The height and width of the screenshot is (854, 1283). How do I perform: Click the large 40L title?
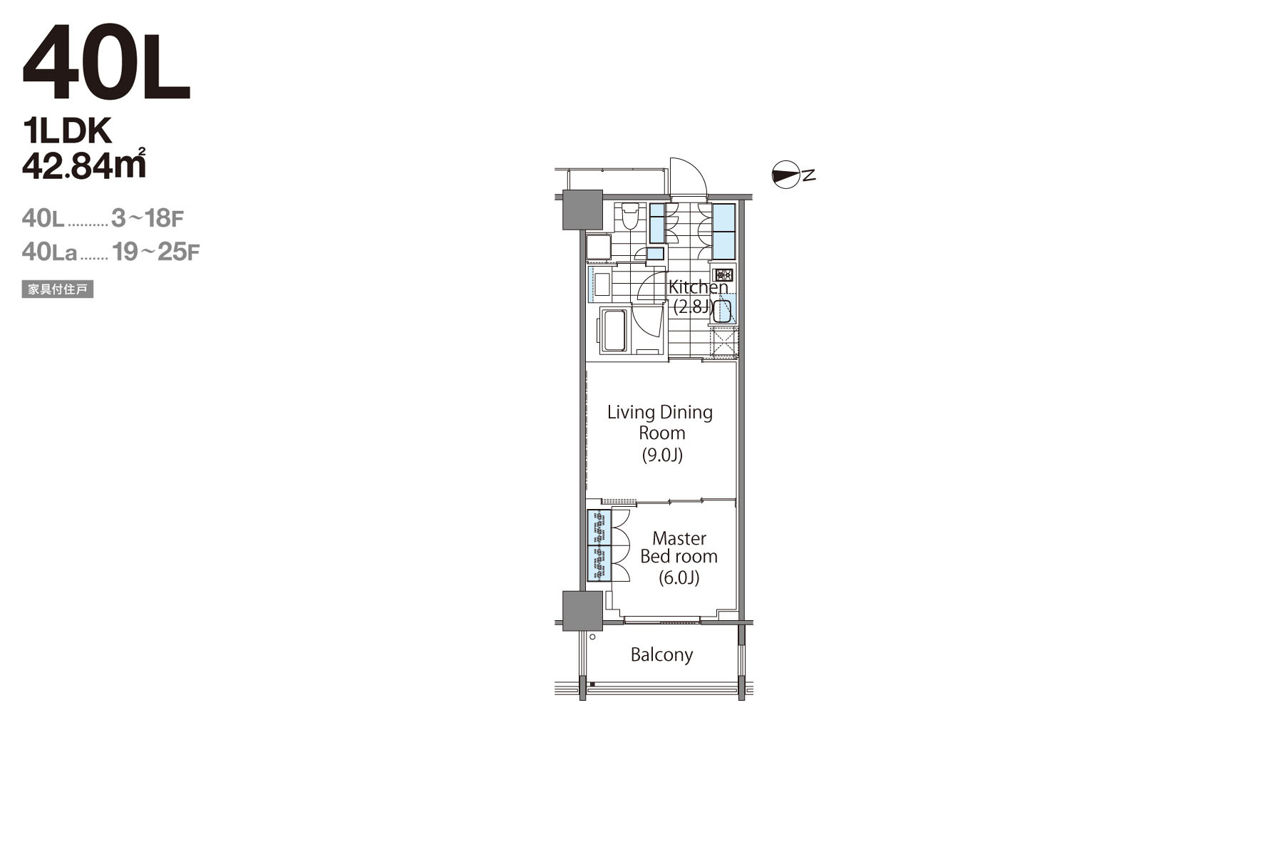click(x=106, y=64)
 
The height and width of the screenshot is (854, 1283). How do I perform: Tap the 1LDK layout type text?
click(x=68, y=132)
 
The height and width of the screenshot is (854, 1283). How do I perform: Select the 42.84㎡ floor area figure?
click(x=84, y=164)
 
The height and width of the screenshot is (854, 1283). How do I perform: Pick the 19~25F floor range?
click(x=156, y=252)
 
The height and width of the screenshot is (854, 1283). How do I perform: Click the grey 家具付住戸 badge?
click(x=58, y=289)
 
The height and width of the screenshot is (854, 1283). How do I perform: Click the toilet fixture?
click(x=629, y=215)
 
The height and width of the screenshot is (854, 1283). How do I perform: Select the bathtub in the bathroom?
click(x=614, y=329)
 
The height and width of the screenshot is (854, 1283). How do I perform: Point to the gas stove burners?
click(x=723, y=274)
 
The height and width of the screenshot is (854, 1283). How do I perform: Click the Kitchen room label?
click(x=698, y=287)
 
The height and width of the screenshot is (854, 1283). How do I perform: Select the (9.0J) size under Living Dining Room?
click(x=662, y=455)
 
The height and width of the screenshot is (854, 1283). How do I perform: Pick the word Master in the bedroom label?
click(x=679, y=538)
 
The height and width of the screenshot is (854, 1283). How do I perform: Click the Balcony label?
click(x=661, y=655)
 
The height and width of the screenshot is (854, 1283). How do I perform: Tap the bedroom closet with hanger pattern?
click(x=599, y=546)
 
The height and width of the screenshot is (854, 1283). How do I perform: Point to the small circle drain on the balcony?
click(x=592, y=637)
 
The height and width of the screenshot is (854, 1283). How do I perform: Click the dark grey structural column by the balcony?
click(x=582, y=611)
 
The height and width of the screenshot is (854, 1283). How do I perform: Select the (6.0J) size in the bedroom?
click(x=679, y=577)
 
